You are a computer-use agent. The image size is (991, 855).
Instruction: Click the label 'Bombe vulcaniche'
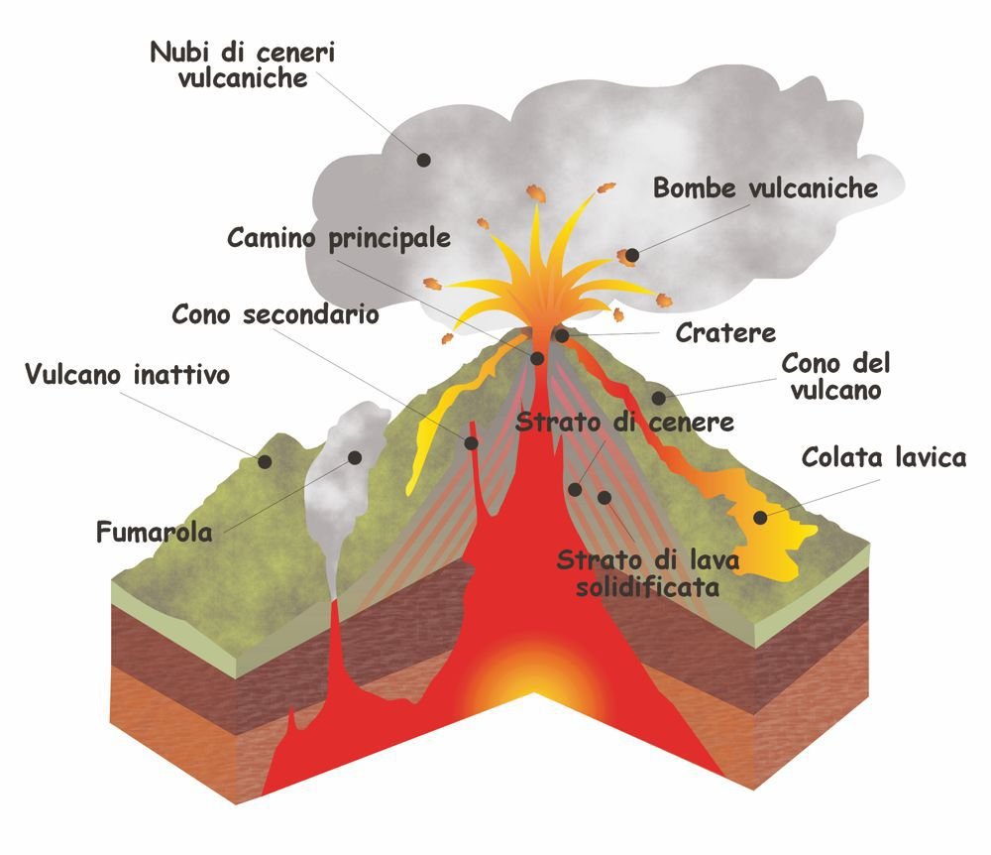point(765,187)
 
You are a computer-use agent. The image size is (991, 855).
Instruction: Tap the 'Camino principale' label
point(339,238)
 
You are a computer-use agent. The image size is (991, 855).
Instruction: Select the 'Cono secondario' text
point(275,314)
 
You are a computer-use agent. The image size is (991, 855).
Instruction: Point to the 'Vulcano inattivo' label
point(127,374)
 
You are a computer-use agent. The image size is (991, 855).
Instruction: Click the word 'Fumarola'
point(155,533)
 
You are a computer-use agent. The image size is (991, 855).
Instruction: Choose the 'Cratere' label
point(725,332)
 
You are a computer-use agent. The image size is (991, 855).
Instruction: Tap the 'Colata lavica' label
point(884,457)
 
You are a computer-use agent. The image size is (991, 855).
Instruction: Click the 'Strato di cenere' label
point(624,423)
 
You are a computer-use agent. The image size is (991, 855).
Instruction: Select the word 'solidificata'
point(648,587)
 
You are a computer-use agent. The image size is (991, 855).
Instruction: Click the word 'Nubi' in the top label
point(180,52)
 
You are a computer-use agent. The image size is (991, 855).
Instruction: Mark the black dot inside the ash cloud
point(423,160)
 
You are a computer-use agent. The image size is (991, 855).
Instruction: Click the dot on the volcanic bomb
point(632,256)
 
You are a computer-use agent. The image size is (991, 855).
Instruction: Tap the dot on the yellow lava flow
point(761,518)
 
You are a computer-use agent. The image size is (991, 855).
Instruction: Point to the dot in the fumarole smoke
point(355,458)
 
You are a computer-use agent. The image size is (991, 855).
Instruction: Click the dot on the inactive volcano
point(266,461)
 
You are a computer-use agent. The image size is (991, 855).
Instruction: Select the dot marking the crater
point(561,335)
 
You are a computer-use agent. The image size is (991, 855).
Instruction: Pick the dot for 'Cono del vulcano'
point(659,399)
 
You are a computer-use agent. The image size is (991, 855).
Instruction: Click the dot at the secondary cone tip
point(471,443)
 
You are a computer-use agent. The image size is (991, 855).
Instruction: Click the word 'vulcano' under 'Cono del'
point(836,390)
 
